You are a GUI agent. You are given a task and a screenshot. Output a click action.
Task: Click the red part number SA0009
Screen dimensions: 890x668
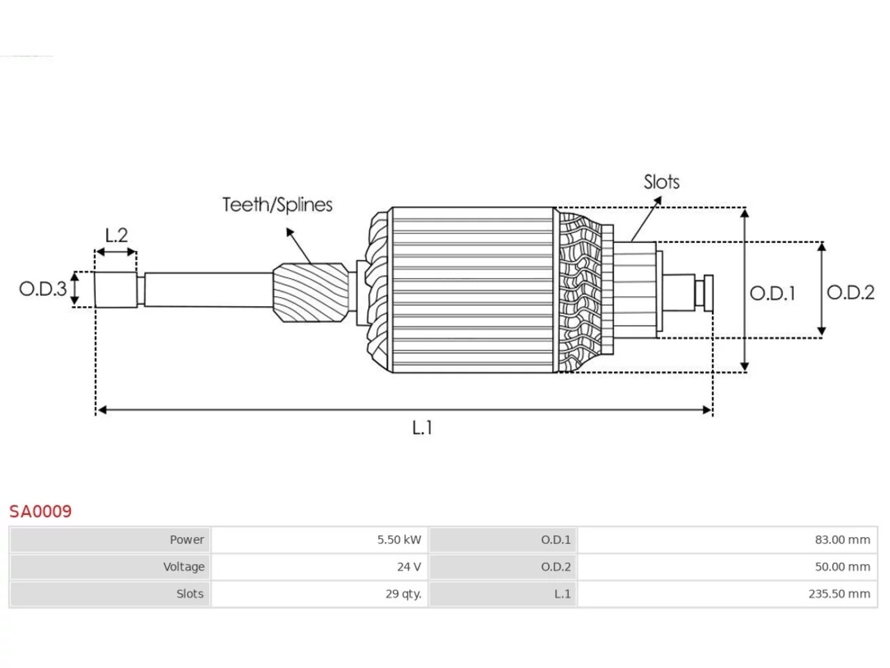pyautogui.click(x=40, y=511)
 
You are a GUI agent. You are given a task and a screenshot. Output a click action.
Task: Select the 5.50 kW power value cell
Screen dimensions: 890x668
pyautogui.click(x=318, y=540)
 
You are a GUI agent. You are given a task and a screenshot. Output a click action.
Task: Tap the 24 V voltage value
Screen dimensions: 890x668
pyautogui.click(x=409, y=566)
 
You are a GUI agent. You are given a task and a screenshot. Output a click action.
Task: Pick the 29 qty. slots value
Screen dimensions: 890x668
pyautogui.click(x=403, y=594)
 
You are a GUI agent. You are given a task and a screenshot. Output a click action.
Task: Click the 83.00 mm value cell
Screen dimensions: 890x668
pyautogui.click(x=727, y=540)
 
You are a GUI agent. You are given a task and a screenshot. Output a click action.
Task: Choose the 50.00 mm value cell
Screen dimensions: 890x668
pyautogui.click(x=727, y=566)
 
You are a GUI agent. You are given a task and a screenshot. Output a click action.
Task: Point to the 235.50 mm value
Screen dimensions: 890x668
pyautogui.click(x=839, y=594)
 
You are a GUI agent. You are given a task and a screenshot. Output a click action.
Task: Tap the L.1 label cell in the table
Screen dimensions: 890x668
pyautogui.click(x=503, y=594)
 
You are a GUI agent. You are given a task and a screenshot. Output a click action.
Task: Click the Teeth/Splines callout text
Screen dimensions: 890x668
pyautogui.click(x=277, y=205)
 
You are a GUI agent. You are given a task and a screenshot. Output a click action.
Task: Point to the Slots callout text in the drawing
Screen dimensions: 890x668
pyautogui.click(x=661, y=182)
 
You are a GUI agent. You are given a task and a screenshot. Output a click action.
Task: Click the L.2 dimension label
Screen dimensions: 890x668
pyautogui.click(x=116, y=234)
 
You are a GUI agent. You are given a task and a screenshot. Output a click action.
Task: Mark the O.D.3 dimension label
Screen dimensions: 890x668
pyautogui.click(x=42, y=289)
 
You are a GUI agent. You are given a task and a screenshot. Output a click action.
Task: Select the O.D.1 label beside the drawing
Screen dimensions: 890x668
pyautogui.click(x=772, y=293)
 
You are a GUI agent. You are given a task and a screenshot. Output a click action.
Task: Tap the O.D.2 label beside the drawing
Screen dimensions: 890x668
pyautogui.click(x=850, y=292)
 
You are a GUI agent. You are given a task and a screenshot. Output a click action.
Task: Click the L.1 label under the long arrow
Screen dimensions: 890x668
pyautogui.click(x=422, y=427)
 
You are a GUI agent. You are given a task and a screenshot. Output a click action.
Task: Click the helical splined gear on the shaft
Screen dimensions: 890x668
pyautogui.click(x=311, y=293)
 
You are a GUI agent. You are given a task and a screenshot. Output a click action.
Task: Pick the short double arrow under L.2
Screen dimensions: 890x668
pyautogui.click(x=116, y=253)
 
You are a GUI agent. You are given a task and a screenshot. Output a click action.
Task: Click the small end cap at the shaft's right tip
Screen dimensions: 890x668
pyautogui.click(x=709, y=293)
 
